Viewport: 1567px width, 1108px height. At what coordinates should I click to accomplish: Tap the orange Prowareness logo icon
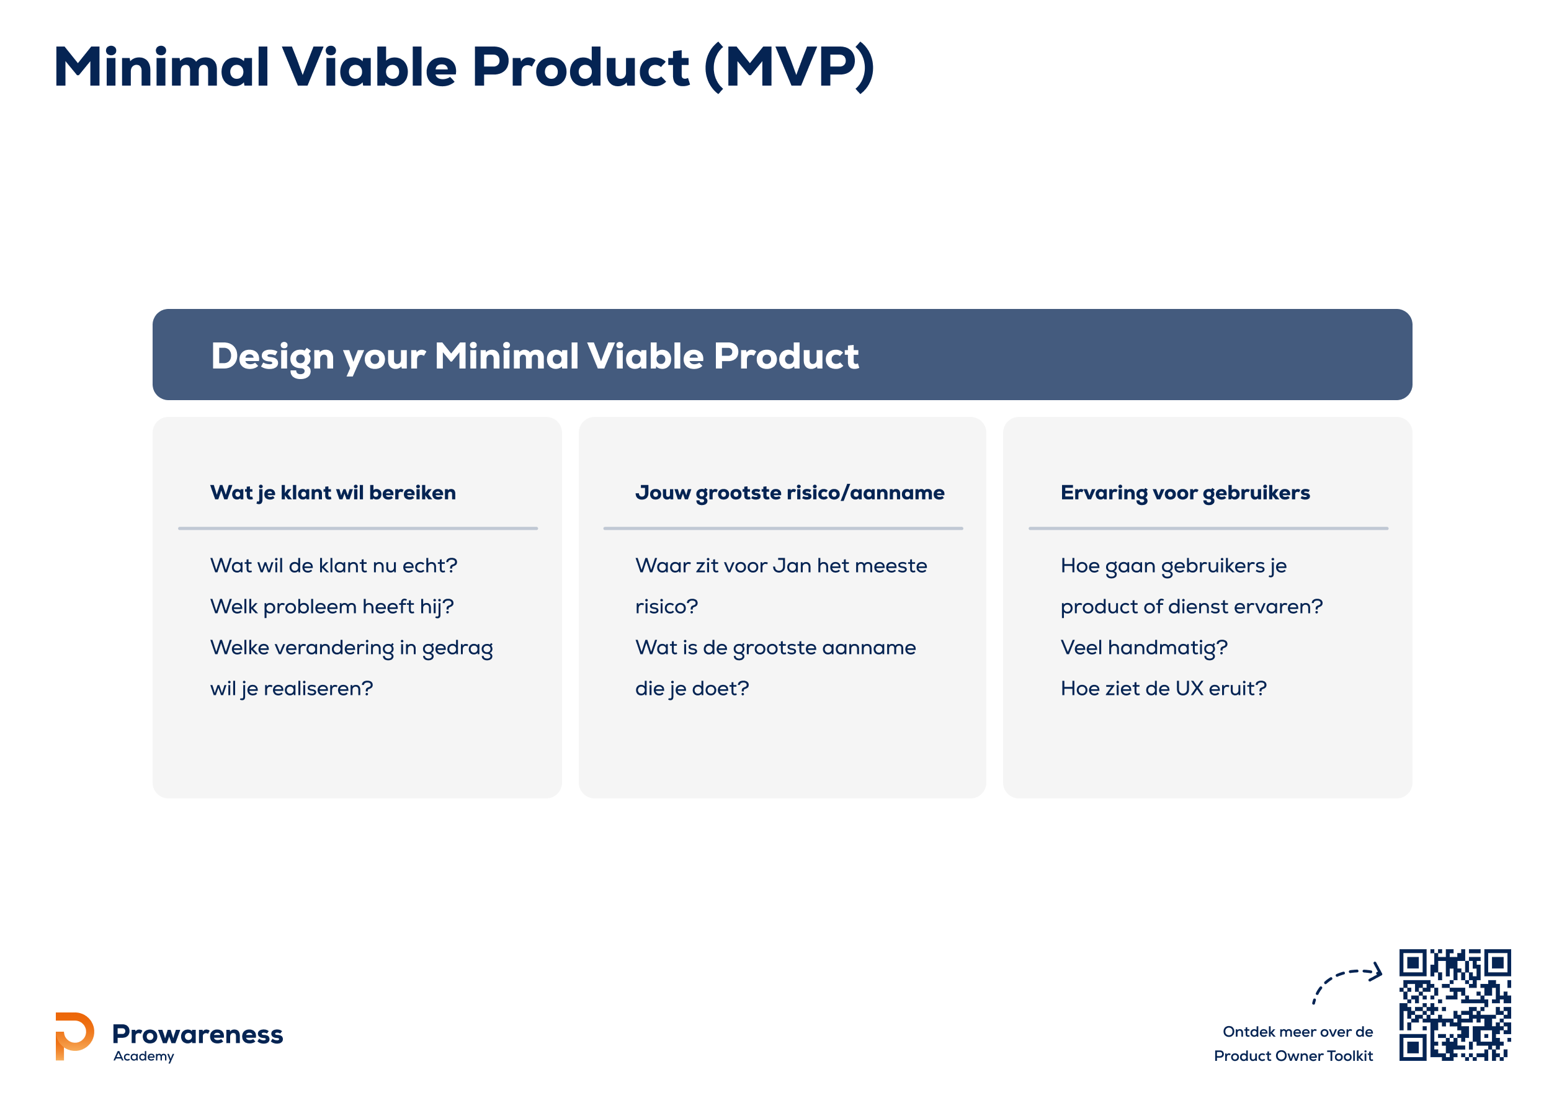tap(74, 1035)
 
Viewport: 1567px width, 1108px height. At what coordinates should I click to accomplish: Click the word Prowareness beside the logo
tap(197, 1034)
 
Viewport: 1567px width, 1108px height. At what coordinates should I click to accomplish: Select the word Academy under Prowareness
tap(144, 1056)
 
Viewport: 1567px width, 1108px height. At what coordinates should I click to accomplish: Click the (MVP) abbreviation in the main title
tap(789, 67)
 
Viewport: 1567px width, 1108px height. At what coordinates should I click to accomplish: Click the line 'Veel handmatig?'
tap(1144, 647)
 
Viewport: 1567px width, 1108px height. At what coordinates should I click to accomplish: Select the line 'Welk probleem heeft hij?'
tap(332, 606)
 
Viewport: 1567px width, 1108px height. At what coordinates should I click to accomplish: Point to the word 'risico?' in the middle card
tap(666, 606)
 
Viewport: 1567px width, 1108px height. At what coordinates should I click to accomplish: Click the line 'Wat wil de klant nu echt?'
tap(334, 565)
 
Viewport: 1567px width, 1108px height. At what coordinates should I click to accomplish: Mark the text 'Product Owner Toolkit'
tap(1293, 1055)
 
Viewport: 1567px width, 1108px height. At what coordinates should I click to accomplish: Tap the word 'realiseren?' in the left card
tap(318, 688)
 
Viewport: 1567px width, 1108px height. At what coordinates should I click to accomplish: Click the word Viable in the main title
tap(369, 67)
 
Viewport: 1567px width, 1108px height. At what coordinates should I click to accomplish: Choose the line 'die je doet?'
tap(692, 688)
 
